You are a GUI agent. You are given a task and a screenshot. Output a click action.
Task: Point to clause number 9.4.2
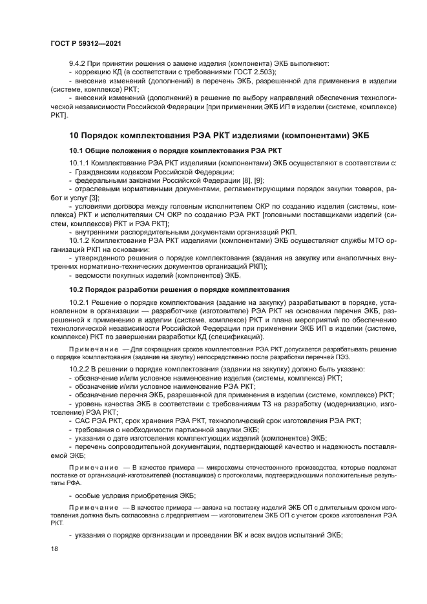[78, 63]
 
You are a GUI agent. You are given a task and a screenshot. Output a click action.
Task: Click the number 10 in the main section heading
[74, 134]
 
